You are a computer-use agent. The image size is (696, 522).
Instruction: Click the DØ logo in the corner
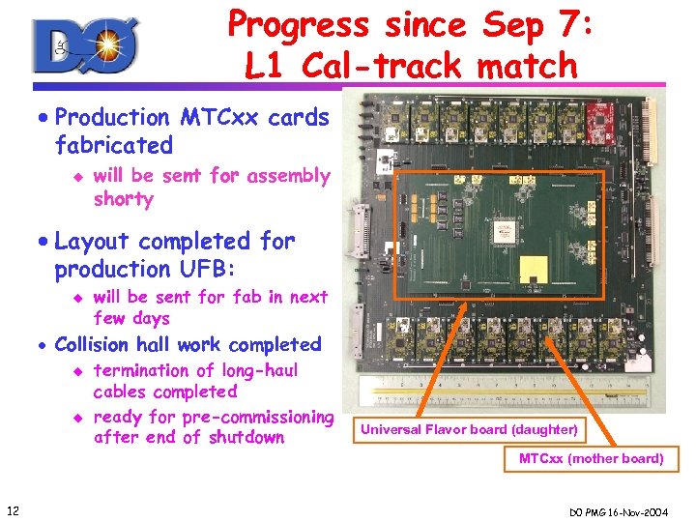click(86, 45)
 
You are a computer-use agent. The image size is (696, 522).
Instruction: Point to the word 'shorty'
click(123, 199)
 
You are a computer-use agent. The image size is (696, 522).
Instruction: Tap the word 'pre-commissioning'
click(254, 417)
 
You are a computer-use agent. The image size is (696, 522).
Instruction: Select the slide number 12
click(13, 509)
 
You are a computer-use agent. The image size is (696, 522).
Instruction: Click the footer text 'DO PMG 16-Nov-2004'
click(627, 509)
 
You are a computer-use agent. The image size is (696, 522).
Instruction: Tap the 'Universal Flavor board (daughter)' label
click(469, 429)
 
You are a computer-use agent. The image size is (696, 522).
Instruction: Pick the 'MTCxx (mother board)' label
click(591, 458)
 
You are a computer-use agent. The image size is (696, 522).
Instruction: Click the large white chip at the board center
click(504, 230)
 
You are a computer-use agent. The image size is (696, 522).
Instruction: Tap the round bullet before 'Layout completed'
click(44, 242)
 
